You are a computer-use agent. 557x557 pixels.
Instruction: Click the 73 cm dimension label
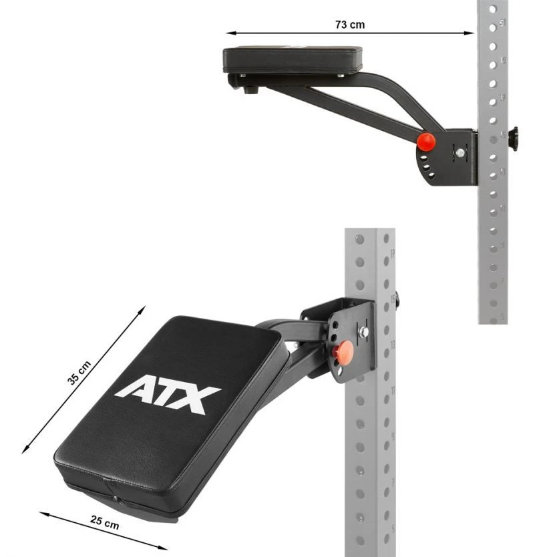point(350,24)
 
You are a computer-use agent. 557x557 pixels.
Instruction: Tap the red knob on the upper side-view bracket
point(425,142)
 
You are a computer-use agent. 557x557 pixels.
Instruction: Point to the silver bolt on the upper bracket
point(460,153)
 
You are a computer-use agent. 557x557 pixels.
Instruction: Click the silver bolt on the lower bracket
point(363,332)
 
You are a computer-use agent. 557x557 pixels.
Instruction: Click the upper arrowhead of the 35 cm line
point(142,309)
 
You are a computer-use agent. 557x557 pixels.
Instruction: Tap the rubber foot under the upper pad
point(250,89)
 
